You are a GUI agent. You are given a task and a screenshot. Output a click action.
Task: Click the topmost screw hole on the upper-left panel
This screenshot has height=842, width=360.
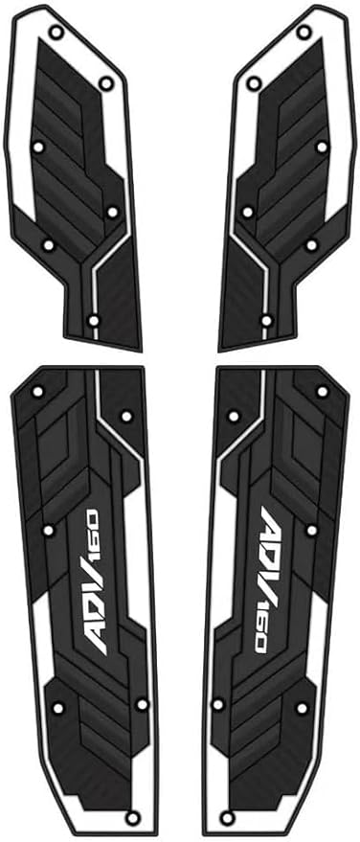coord(56,33)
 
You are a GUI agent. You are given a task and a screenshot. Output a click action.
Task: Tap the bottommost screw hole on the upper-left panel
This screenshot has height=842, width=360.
coord(94,321)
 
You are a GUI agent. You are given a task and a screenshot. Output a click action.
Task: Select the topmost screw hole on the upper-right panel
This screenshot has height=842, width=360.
coord(304,33)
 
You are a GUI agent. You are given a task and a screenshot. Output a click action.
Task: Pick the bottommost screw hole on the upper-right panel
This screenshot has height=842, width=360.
coord(266,321)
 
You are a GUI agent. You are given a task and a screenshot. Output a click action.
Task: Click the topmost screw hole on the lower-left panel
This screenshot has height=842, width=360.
coord(37,392)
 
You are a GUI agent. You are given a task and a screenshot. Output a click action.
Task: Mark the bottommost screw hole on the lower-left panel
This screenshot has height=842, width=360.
coord(132,818)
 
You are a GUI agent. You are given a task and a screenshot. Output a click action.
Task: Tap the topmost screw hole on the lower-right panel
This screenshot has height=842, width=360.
coord(323,392)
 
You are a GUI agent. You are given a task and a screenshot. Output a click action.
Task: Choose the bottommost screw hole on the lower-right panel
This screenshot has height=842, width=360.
coord(228,818)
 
